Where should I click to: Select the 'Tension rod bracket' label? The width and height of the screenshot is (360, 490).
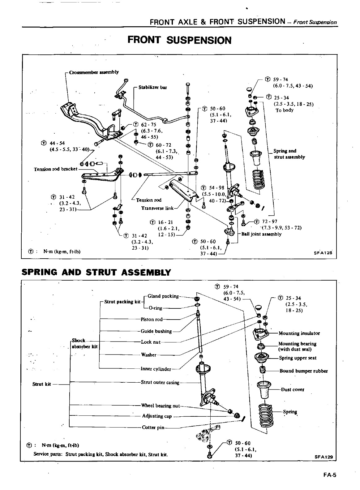pyautogui.click(x=55, y=169)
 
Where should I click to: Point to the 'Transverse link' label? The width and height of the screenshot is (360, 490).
pyautogui.click(x=157, y=208)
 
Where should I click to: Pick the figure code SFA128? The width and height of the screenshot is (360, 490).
pyautogui.click(x=323, y=252)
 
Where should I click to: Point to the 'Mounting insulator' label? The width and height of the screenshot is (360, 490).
pyautogui.click(x=299, y=333)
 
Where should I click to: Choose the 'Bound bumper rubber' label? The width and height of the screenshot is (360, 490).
pyautogui.click(x=303, y=371)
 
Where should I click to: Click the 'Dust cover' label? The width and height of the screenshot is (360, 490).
pyautogui.click(x=292, y=389)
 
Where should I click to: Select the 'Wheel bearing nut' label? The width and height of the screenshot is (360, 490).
pyautogui.click(x=160, y=405)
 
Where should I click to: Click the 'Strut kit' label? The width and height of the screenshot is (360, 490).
pyautogui.click(x=41, y=384)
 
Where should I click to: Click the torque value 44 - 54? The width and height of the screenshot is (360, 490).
pyautogui.click(x=57, y=143)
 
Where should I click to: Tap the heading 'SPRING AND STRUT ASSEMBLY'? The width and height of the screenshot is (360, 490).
pyautogui.click(x=96, y=272)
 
